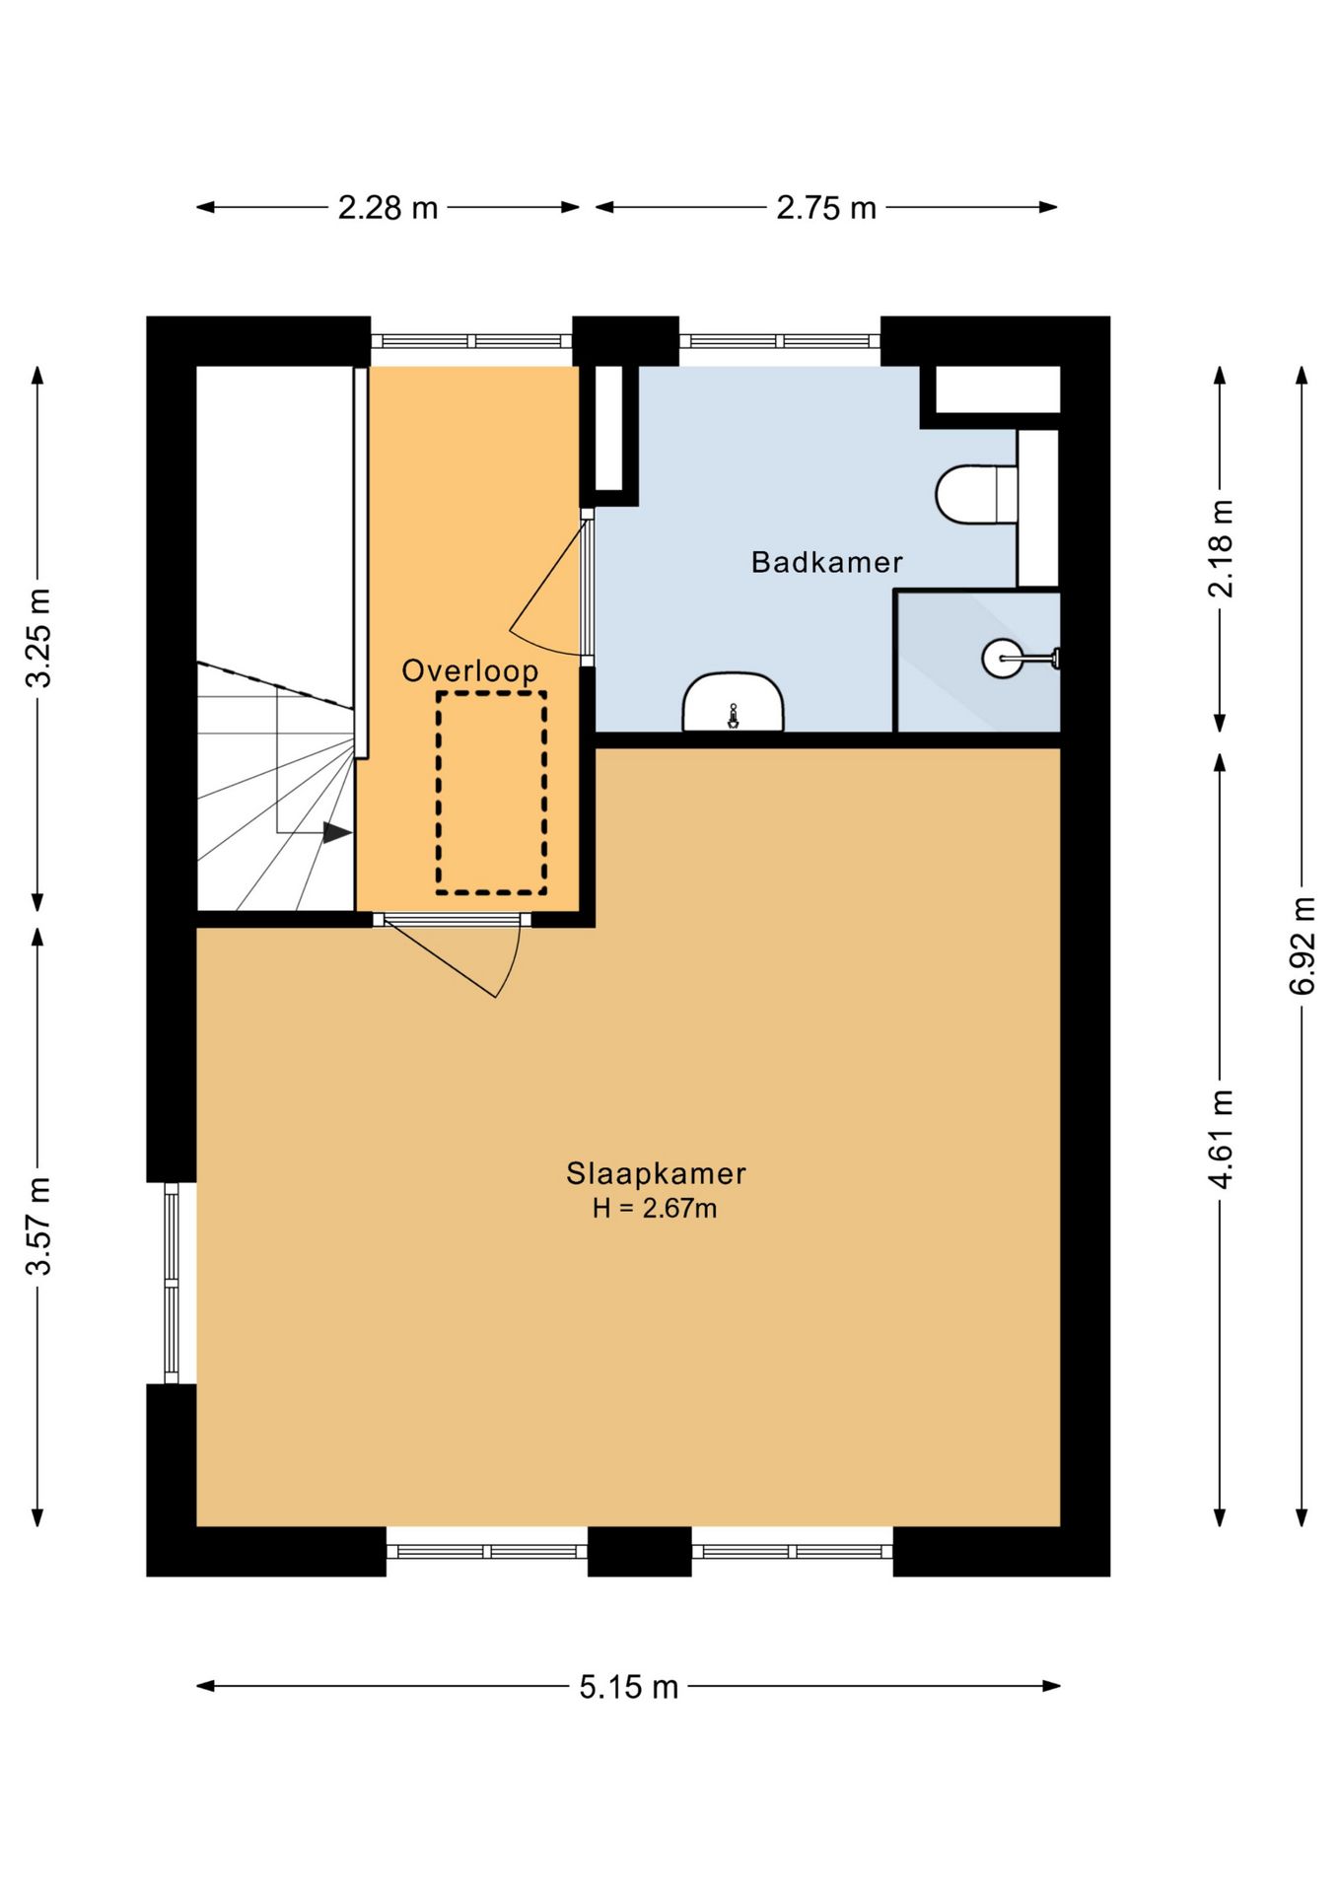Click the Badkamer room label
coord(826,562)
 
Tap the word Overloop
coord(470,670)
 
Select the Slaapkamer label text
coord(656,1173)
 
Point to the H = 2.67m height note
coord(655,1208)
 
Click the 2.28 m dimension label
coord(388,208)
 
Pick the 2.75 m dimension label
coord(826,208)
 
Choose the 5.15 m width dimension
coord(629,1687)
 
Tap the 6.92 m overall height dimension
coord(1303,946)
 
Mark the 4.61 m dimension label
coord(1221,1139)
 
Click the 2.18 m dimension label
coord(1221,548)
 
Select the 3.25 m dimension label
coord(38,638)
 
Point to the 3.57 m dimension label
coord(38,1226)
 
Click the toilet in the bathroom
coord(976,494)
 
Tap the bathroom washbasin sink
coord(733,702)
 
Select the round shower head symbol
coord(1003,658)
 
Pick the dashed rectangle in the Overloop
coord(492,793)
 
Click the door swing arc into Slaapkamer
coord(512,961)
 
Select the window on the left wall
coord(172,1283)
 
